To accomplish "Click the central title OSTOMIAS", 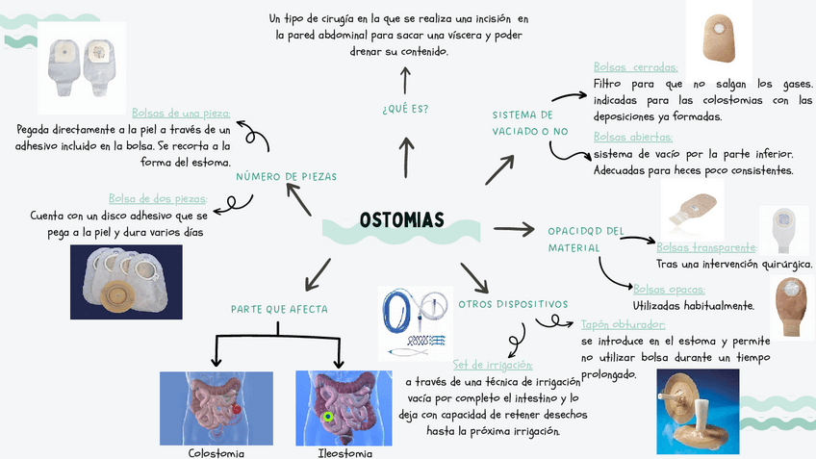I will point(402,220).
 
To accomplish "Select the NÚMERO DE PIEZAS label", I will point(286,177).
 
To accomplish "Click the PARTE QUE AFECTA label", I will point(279,309).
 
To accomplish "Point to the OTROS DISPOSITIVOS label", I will point(513,304).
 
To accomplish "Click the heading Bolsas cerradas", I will point(635,67).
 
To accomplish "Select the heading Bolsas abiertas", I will point(632,137).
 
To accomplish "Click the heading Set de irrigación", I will point(492,365).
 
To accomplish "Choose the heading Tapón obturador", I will point(624,324).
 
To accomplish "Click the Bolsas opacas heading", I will point(669,289).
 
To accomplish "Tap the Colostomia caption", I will point(216,452).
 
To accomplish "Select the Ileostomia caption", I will point(344,452).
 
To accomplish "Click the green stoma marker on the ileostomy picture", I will point(328,417).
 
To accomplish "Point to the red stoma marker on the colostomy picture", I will point(236,410).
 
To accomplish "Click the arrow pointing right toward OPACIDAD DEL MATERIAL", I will point(513,229).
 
